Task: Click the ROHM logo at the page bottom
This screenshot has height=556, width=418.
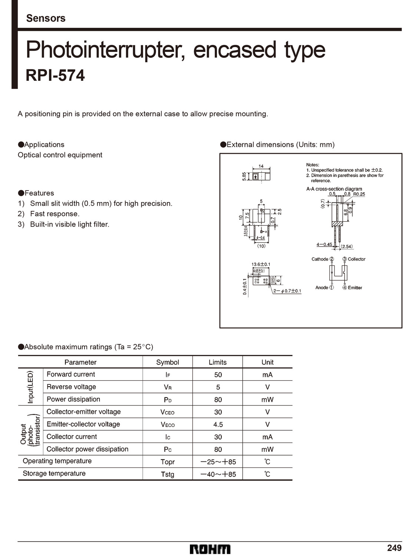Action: pos(210,549)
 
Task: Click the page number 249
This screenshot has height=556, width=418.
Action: pos(394,548)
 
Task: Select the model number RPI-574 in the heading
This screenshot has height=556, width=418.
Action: pos(55,75)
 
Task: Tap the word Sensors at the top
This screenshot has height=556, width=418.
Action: pos(46,18)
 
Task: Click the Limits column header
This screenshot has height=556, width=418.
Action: pos(217,362)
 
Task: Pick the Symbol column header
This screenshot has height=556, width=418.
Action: pos(167,362)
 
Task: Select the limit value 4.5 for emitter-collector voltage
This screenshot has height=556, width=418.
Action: pos(218,424)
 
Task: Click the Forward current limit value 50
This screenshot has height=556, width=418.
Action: pos(218,375)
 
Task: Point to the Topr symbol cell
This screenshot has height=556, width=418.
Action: pos(167,462)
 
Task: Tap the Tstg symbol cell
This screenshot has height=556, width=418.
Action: pos(167,474)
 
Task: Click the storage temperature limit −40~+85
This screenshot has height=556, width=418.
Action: pos(218,474)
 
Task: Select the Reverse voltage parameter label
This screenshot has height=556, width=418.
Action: pos(71,387)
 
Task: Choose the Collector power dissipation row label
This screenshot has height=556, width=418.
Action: pos(87,449)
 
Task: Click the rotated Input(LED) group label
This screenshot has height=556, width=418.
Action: pos(30,387)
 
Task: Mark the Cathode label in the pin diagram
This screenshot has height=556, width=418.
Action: pos(320,259)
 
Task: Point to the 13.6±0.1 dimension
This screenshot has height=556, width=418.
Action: pos(261,264)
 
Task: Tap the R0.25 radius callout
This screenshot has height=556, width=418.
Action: pos(359,194)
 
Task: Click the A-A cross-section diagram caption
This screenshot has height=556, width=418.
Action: pos(334,189)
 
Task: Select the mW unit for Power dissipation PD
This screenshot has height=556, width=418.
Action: pos(267,400)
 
